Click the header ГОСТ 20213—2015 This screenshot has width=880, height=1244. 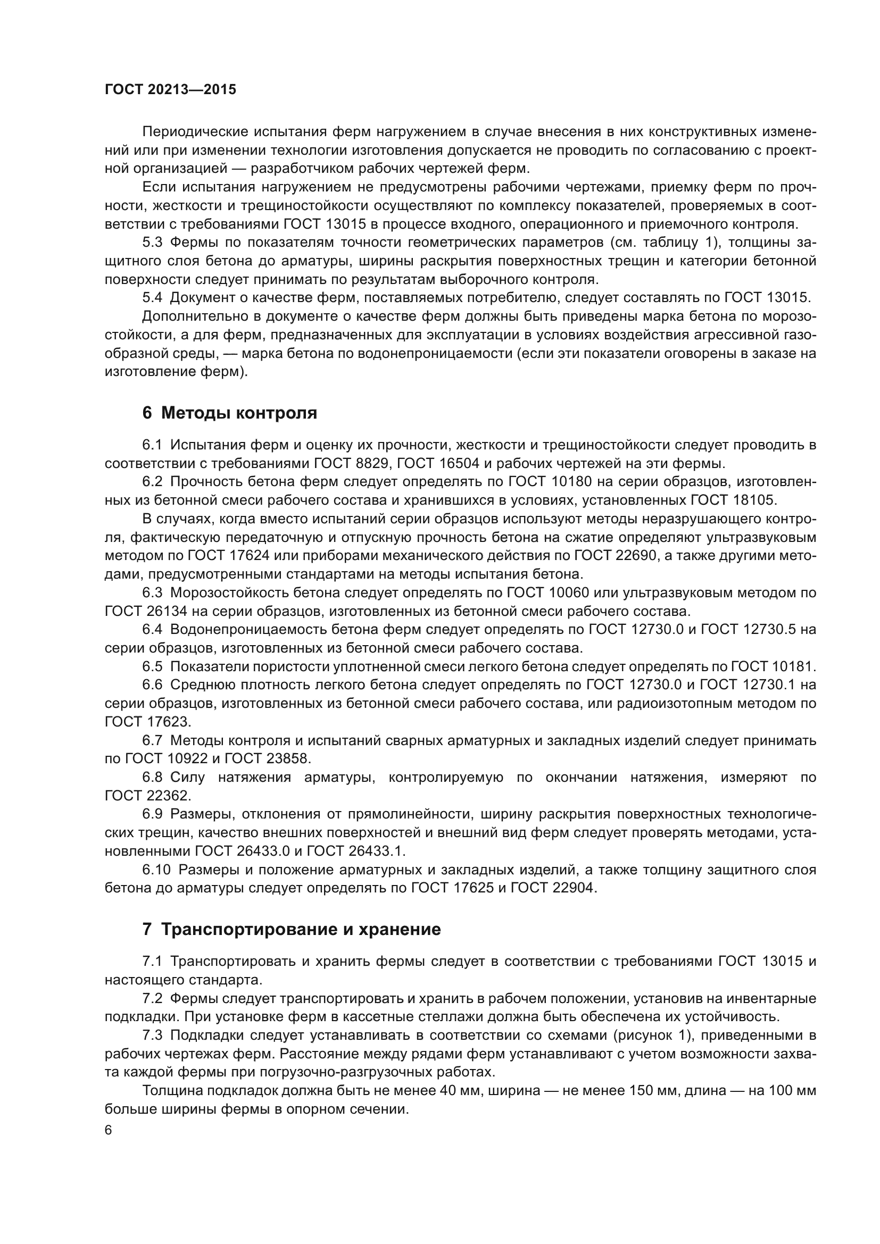click(170, 90)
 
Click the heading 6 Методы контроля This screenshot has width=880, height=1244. click(229, 413)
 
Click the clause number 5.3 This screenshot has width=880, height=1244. click(152, 243)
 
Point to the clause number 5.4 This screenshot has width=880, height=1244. click(152, 297)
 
